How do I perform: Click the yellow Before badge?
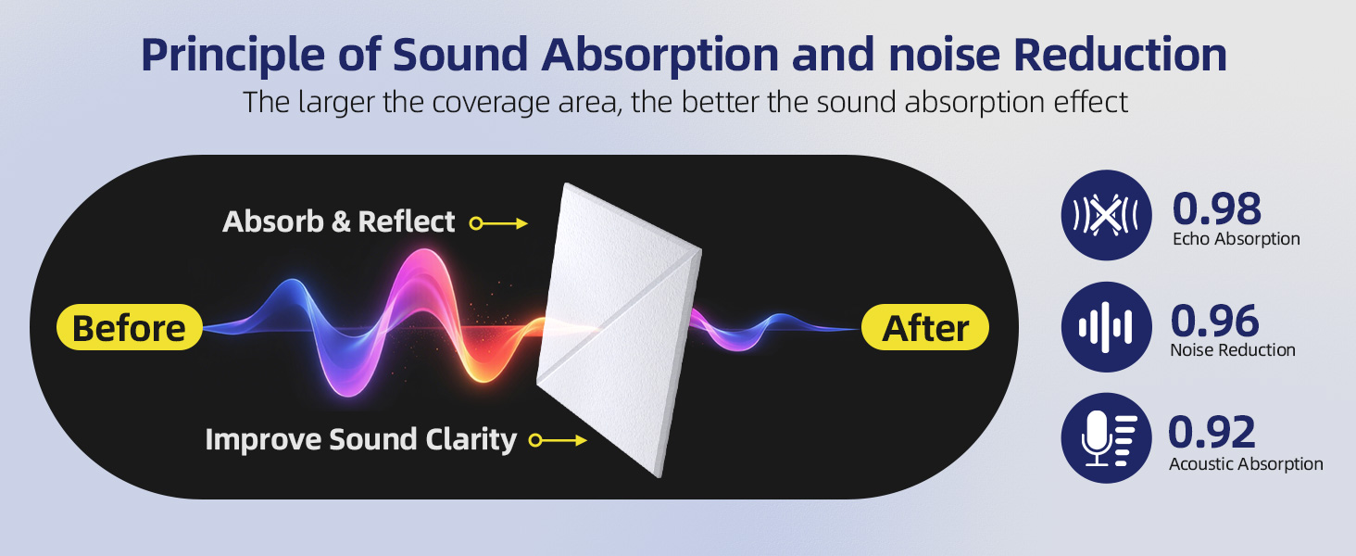[130, 327]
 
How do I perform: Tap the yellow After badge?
[925, 327]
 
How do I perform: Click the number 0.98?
[1217, 208]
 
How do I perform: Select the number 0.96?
[1215, 321]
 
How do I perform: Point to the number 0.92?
[1212, 432]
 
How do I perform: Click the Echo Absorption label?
[1237, 239]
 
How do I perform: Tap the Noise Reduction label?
[1233, 350]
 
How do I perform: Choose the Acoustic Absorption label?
[1246, 464]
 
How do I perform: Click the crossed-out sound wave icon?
[1106, 215]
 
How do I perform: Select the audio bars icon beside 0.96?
[1106, 327]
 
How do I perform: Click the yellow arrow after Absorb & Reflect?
[499, 223]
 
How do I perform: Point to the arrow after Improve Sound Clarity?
[558, 440]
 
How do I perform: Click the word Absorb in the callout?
[273, 221]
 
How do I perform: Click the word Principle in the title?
[233, 56]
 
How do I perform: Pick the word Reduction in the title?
[1120, 55]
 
